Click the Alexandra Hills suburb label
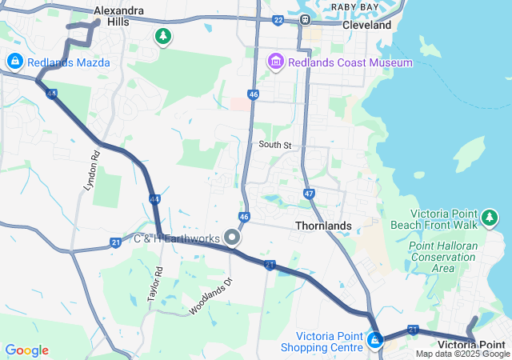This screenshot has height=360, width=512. (x=119, y=16)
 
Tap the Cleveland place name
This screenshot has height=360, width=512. (x=367, y=25)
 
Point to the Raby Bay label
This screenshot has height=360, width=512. (x=354, y=6)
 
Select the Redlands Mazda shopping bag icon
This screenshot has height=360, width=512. (x=15, y=62)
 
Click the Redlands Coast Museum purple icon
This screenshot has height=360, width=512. (x=276, y=62)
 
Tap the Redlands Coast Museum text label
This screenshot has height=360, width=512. (x=350, y=62)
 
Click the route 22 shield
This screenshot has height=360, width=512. (x=278, y=20)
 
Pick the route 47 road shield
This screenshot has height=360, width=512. (x=310, y=194)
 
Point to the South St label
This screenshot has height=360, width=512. (x=275, y=145)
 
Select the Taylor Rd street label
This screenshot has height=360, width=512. (x=154, y=283)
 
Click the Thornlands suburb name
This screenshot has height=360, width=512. (x=323, y=226)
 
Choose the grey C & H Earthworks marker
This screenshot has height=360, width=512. (x=233, y=238)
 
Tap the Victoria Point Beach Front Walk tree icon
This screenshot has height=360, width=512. (x=490, y=216)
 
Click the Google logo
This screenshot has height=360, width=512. (x=26, y=350)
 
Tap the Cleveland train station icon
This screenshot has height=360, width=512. (x=305, y=19)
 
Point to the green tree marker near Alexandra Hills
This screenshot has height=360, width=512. (x=163, y=37)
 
